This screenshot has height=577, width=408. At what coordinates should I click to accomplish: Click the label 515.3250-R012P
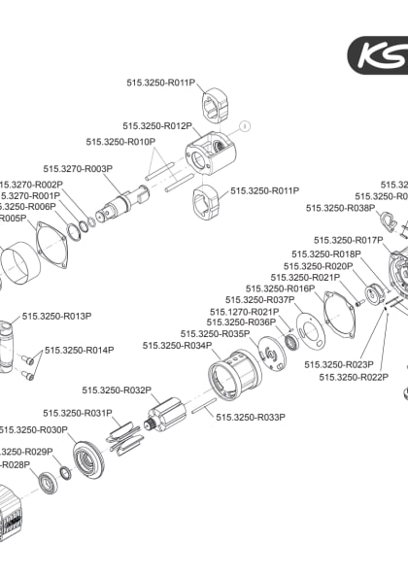pos(156,126)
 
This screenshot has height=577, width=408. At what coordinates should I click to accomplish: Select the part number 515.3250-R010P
pos(121,142)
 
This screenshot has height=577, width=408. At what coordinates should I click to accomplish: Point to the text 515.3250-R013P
pos(56,316)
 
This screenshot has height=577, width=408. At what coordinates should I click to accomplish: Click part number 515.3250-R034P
pos(177,345)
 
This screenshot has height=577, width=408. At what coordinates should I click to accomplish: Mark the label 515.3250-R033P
pos(251,417)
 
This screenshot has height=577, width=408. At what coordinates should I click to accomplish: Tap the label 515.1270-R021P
pos(244,311)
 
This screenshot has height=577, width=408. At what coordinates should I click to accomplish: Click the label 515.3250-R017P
pos(348,240)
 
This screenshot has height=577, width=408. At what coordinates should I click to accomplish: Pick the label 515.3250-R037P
pos(259,300)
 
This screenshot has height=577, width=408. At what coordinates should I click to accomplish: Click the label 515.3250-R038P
pos(341,208)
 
